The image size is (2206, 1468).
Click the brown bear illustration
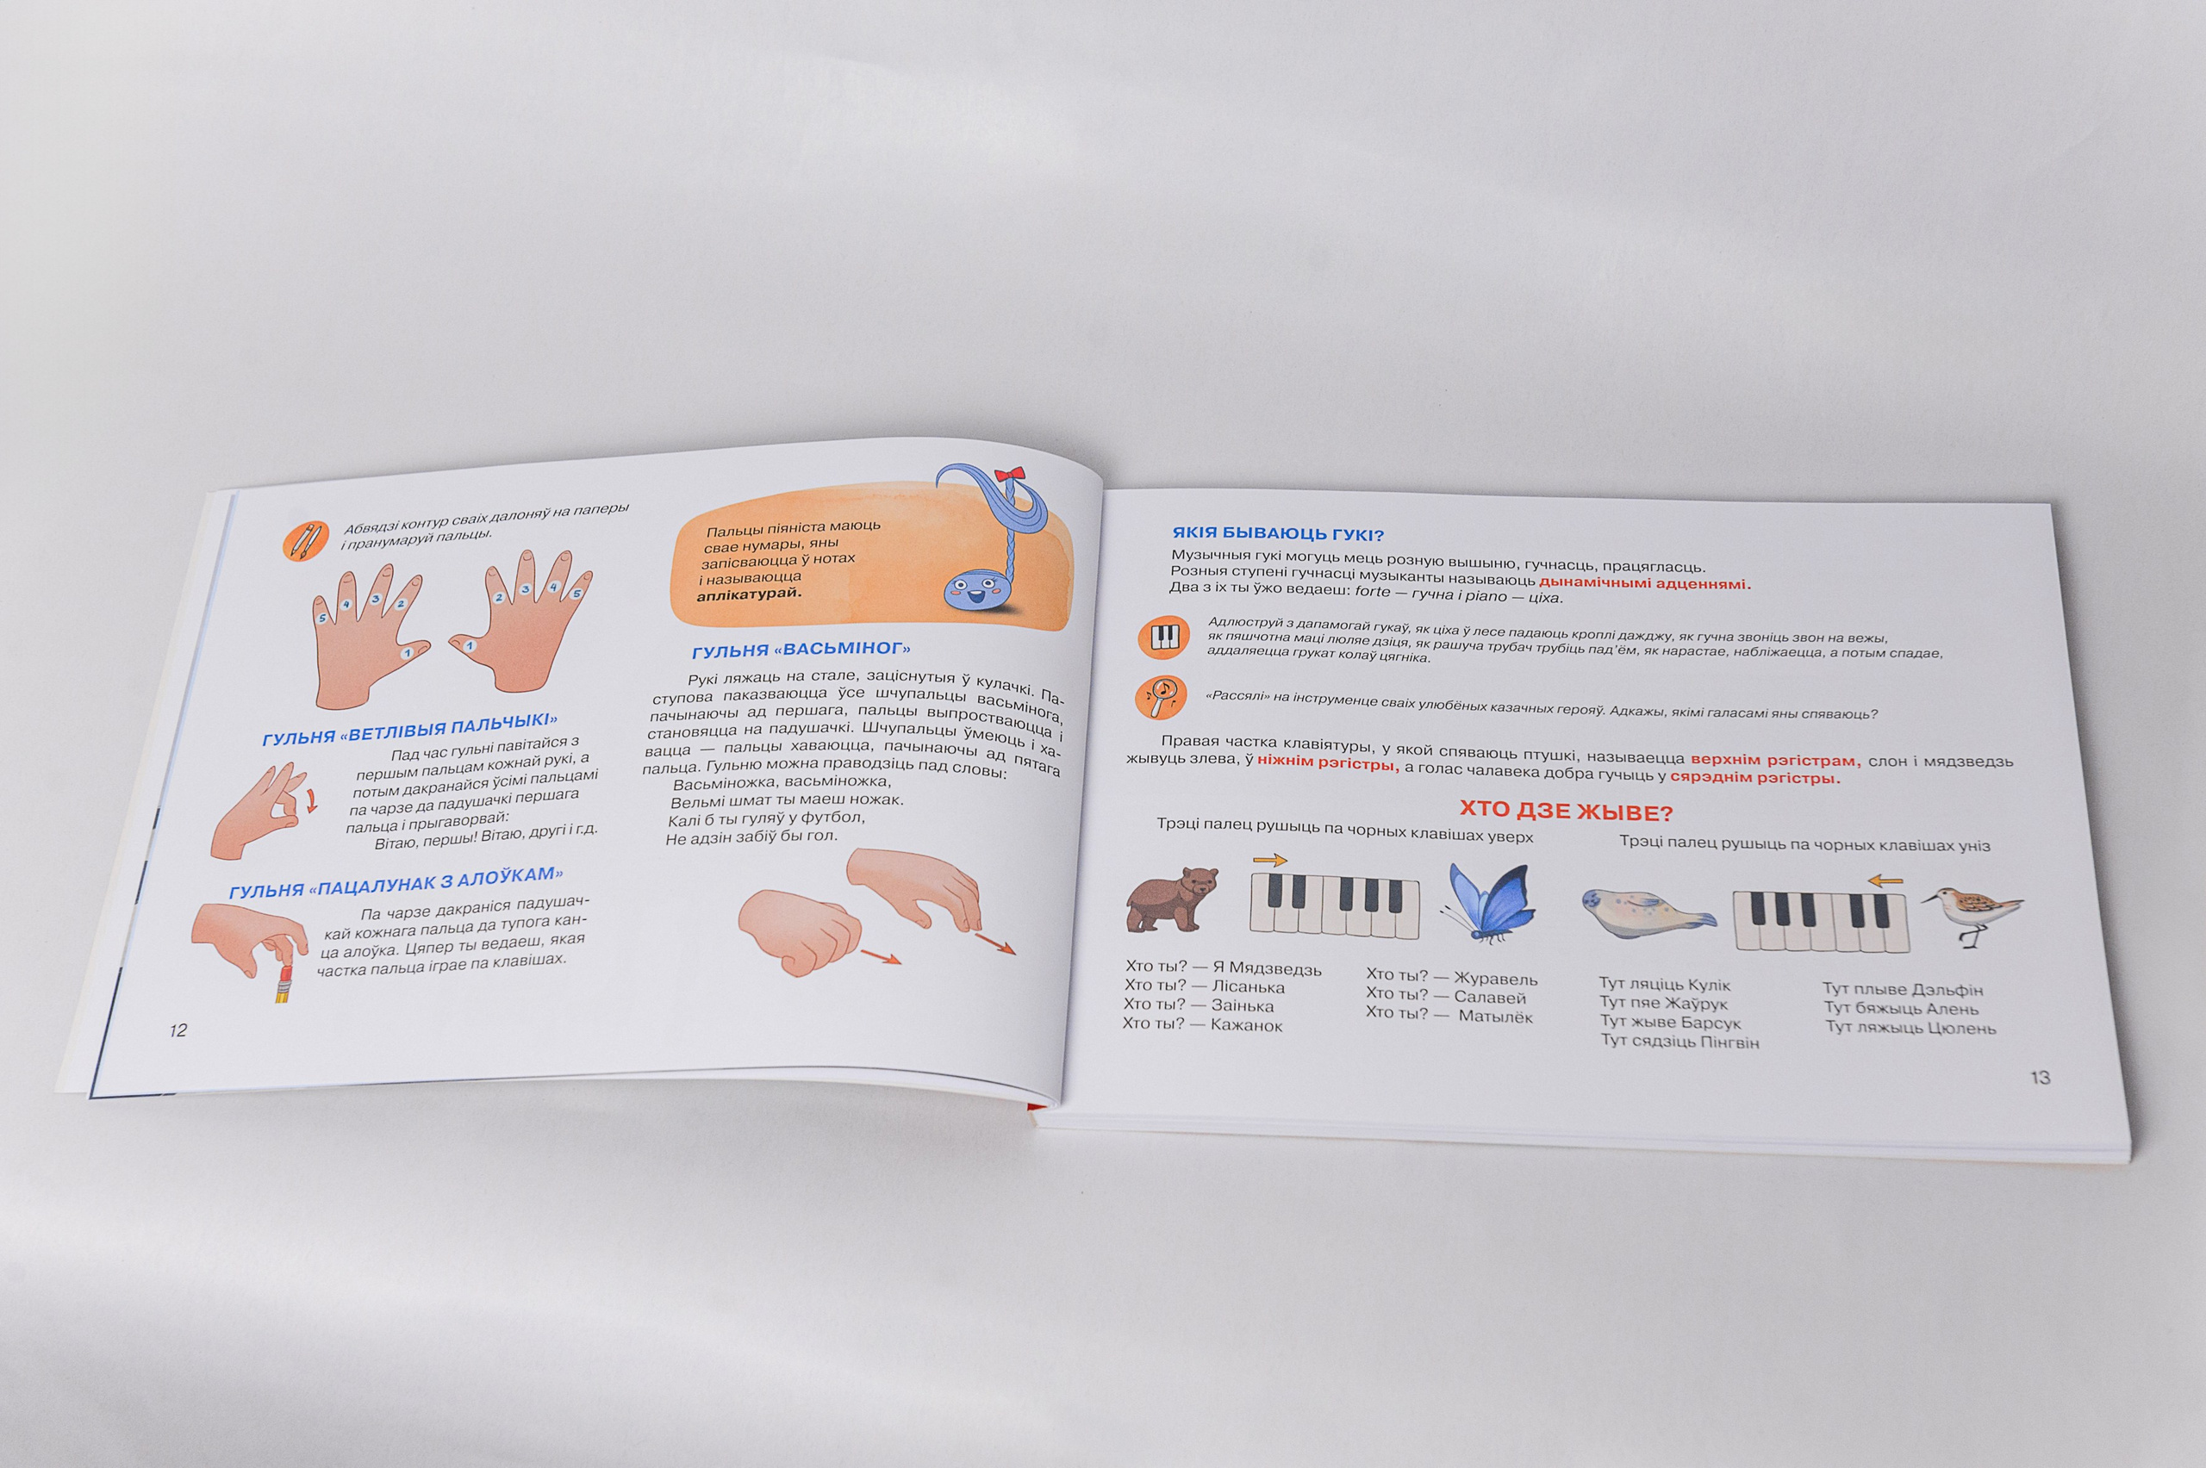tap(1171, 899)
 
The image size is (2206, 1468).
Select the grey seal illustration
tap(1648, 909)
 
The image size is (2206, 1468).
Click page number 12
tap(178, 1029)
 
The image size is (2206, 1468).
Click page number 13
tap(2041, 1078)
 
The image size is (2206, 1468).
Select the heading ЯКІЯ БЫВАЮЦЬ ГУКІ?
tap(1278, 533)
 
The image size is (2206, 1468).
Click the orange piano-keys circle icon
tap(1164, 637)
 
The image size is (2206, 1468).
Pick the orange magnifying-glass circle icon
tap(1161, 699)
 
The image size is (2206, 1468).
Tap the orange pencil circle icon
tap(305, 541)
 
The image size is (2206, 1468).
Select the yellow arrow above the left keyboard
tap(1269, 861)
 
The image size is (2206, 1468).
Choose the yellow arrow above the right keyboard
tap(1885, 880)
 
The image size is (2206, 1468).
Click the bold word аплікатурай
tap(750, 594)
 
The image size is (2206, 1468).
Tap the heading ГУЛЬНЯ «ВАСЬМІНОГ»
tap(801, 649)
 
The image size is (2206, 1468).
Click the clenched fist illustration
tap(799, 930)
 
